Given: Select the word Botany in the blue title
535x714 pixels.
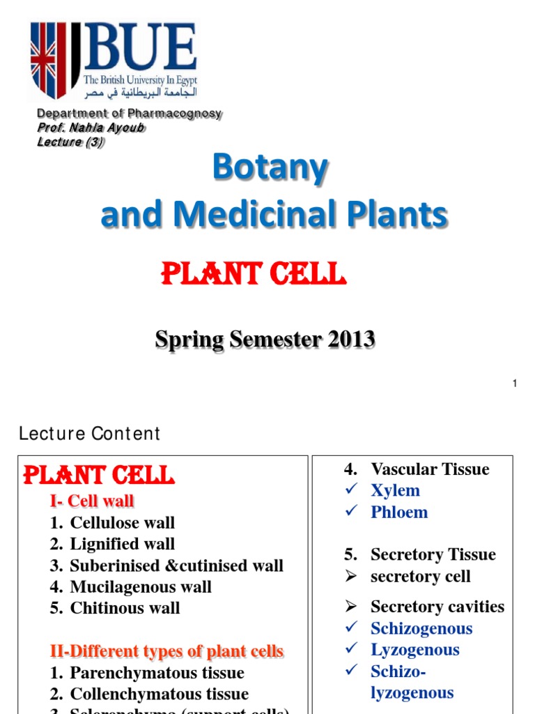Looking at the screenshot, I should click(270, 168).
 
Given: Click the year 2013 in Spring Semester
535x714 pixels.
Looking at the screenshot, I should click(348, 340).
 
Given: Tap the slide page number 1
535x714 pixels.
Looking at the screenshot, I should click(514, 383).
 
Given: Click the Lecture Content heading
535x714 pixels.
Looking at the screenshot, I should click(89, 434).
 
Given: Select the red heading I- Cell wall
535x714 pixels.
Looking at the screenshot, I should click(91, 501).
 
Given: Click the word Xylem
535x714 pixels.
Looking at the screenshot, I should click(395, 490).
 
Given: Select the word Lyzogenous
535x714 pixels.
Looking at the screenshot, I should click(415, 650).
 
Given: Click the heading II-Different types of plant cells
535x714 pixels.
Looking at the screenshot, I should click(166, 651).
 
